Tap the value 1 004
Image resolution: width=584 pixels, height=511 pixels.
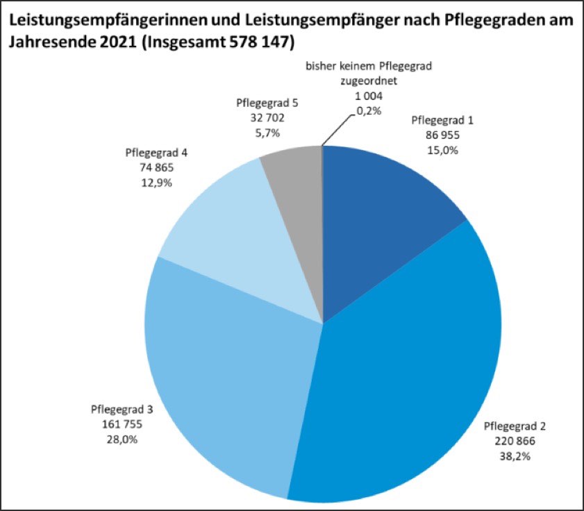(x=364, y=96)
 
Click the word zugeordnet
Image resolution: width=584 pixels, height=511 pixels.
(x=364, y=81)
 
